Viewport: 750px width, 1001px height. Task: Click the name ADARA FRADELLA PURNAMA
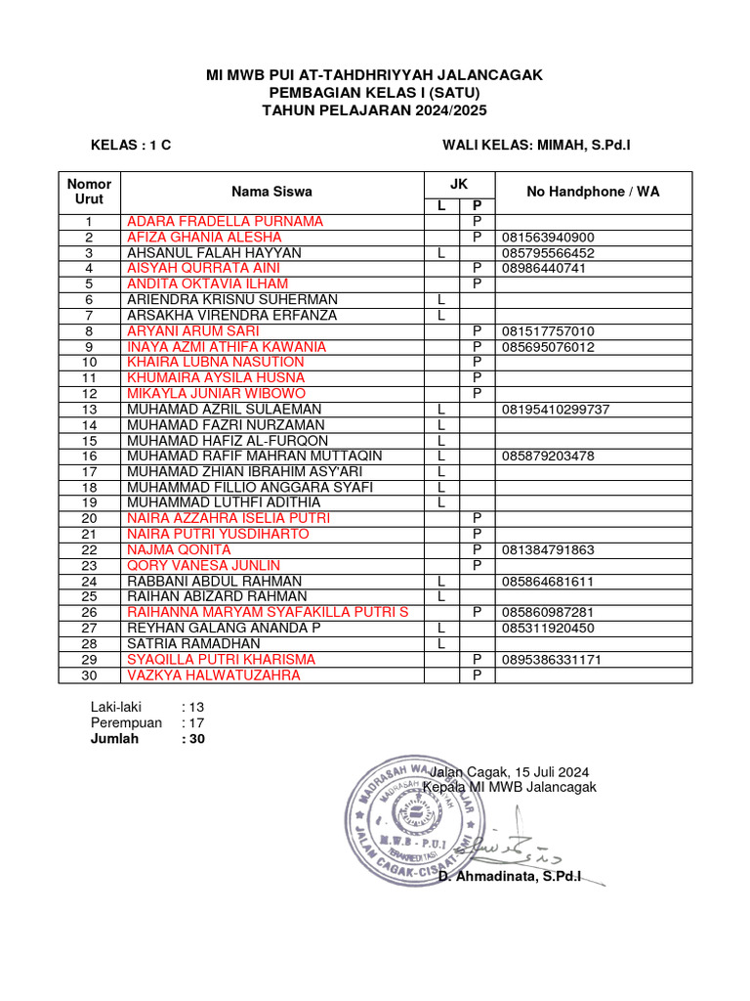pyautogui.click(x=225, y=222)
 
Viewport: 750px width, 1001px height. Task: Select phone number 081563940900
pyautogui.click(x=547, y=238)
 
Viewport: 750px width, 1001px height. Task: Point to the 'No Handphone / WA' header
pyautogui.click(x=593, y=192)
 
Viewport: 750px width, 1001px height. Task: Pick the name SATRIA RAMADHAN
pyautogui.click(x=193, y=644)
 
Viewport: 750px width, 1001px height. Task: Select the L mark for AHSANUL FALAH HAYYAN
pyautogui.click(x=441, y=253)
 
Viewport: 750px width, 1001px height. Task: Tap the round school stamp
pyautogui.click(x=415, y=816)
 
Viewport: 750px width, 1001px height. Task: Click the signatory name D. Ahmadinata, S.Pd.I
pyautogui.click(x=510, y=878)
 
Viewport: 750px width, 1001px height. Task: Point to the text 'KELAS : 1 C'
pyautogui.click(x=131, y=145)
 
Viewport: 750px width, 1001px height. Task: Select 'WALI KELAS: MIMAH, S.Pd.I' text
pyautogui.click(x=536, y=145)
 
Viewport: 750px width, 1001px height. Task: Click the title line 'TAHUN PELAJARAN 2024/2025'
pyautogui.click(x=374, y=110)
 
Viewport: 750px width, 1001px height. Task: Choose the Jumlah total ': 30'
pyautogui.click(x=193, y=739)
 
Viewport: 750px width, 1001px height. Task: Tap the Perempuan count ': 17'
pyautogui.click(x=193, y=722)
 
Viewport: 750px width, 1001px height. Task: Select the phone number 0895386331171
pyautogui.click(x=551, y=660)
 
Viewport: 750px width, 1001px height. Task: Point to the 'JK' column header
pyautogui.click(x=459, y=183)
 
